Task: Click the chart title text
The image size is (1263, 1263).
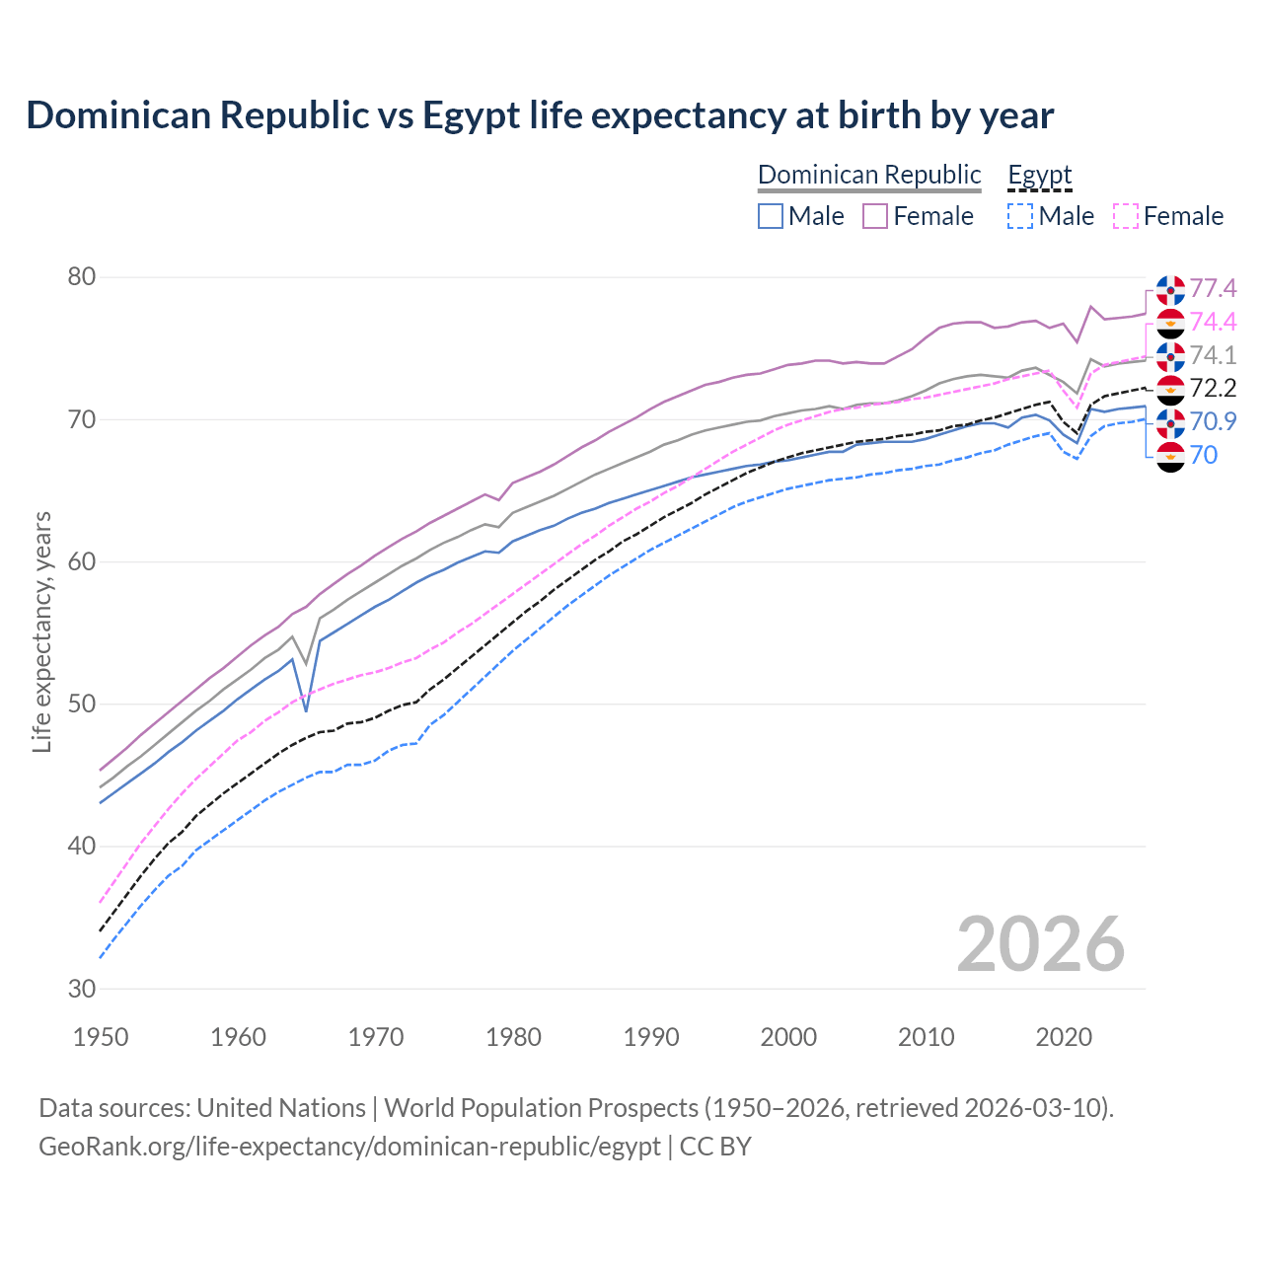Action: (x=540, y=115)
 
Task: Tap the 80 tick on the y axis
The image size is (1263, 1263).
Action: (x=82, y=277)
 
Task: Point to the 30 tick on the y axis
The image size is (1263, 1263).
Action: (x=82, y=989)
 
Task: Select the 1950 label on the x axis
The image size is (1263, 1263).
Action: (x=101, y=1037)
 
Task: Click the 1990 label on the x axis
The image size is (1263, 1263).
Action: (x=651, y=1037)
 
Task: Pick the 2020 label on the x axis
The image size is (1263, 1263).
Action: (x=1064, y=1037)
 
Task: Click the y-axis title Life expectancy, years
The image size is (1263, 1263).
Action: (x=41, y=631)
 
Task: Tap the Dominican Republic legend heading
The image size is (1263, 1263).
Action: (x=869, y=175)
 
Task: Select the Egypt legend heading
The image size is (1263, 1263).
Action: (x=1039, y=175)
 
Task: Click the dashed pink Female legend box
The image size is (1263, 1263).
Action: (x=1126, y=216)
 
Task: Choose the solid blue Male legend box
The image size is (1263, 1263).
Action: (x=771, y=216)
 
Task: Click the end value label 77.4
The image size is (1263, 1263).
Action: (x=1213, y=288)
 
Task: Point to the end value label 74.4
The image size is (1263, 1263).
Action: (x=1213, y=322)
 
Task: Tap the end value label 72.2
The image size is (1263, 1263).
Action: (x=1213, y=388)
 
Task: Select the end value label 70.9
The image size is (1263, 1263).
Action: (x=1213, y=421)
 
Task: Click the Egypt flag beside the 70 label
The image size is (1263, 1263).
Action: (x=1170, y=456)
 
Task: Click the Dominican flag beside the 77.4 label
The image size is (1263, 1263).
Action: (x=1170, y=290)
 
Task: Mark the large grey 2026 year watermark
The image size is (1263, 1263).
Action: (x=1041, y=944)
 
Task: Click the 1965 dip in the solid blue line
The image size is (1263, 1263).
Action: (x=306, y=710)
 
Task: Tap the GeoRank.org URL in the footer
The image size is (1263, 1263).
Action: (x=349, y=1147)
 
